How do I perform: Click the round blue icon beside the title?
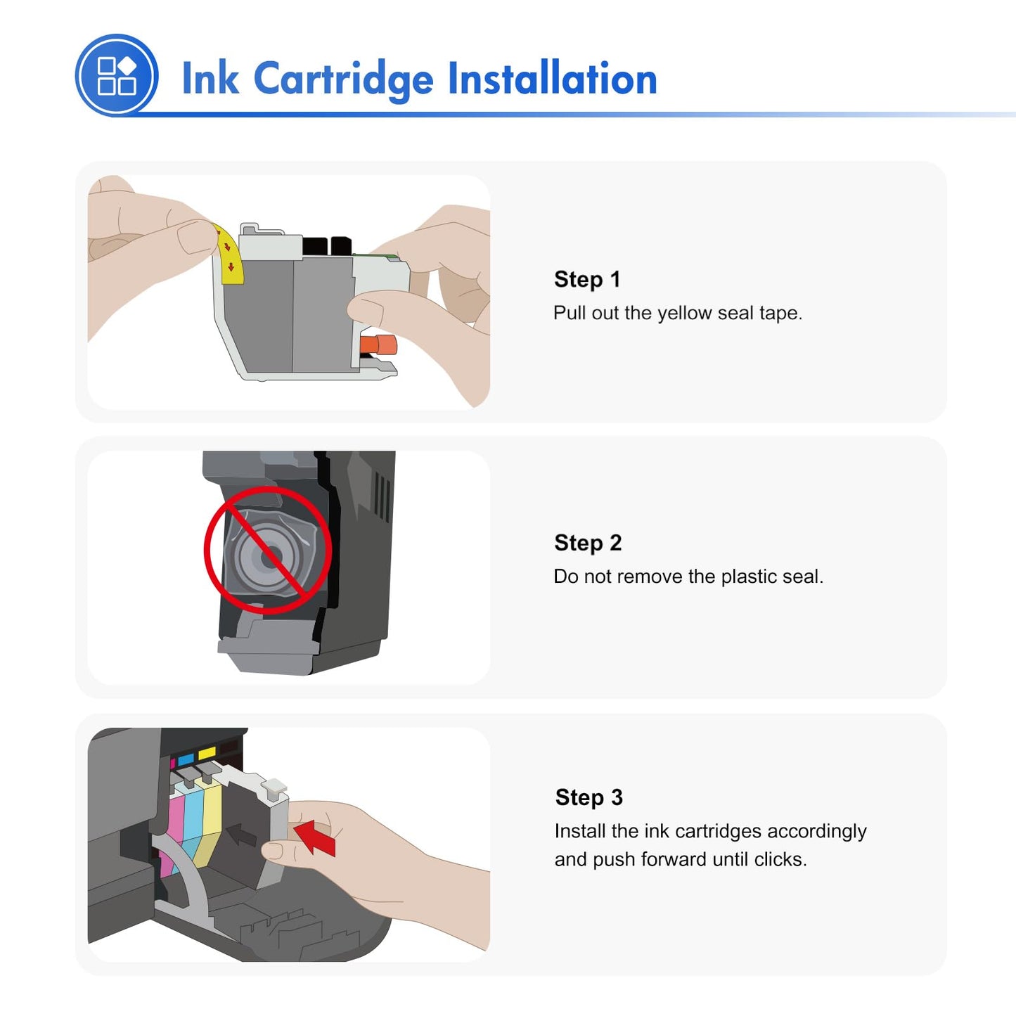tap(117, 75)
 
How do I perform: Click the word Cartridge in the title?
tap(343, 79)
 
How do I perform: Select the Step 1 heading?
tap(587, 279)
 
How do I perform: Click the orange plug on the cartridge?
tap(379, 345)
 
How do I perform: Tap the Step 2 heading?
tap(588, 543)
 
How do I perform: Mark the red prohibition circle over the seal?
tap(268, 551)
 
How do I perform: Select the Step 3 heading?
tap(589, 797)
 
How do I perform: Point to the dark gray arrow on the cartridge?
tap(243, 835)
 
